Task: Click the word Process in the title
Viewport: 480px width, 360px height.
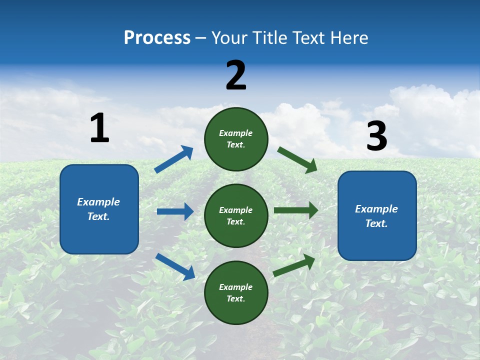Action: pyautogui.click(x=157, y=38)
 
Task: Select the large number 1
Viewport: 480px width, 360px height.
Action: pyautogui.click(x=99, y=128)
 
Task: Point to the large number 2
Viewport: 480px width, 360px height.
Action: pyautogui.click(x=236, y=75)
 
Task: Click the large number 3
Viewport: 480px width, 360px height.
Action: pyautogui.click(x=376, y=136)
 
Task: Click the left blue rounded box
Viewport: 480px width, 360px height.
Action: pyautogui.click(x=99, y=209)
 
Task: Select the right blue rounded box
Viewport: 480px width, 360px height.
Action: pyautogui.click(x=377, y=215)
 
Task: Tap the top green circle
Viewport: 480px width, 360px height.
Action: pyautogui.click(x=236, y=139)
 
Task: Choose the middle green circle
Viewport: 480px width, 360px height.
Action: pyautogui.click(x=236, y=215)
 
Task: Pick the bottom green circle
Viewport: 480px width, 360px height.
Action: pyautogui.click(x=236, y=292)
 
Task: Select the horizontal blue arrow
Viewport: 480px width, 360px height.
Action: pyautogui.click(x=175, y=211)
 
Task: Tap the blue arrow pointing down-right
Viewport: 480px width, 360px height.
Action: pyautogui.click(x=175, y=266)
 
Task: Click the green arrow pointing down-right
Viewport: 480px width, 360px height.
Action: pyautogui.click(x=297, y=159)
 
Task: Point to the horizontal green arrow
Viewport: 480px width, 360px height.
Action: pyautogui.click(x=295, y=210)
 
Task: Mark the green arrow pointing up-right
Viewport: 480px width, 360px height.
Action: pyautogui.click(x=294, y=265)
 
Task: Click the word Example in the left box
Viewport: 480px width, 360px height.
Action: pyautogui.click(x=98, y=202)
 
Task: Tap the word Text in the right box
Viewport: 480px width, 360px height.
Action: pyautogui.click(x=376, y=223)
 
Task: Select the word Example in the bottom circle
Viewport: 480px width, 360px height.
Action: pyautogui.click(x=236, y=287)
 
